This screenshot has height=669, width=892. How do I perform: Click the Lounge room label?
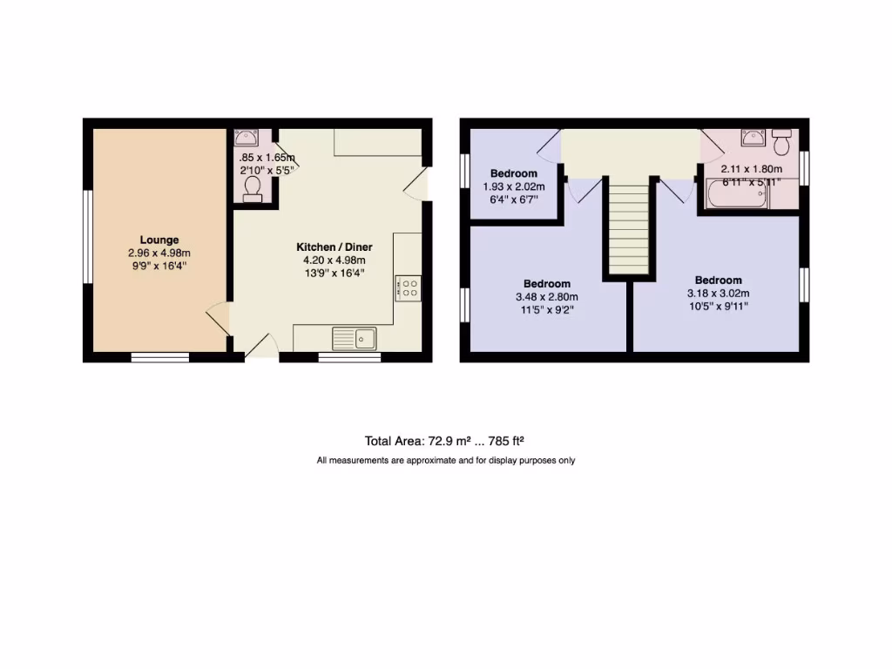coord(159,240)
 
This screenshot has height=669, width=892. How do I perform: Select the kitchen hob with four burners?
coord(409,288)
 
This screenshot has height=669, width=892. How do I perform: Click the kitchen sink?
coord(354,337)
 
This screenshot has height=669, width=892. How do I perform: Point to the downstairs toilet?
coord(253,189)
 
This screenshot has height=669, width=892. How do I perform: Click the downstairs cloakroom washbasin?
coord(246,137)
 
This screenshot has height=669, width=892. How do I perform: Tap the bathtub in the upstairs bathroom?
coord(738,194)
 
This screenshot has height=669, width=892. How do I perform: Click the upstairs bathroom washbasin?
coord(753,138)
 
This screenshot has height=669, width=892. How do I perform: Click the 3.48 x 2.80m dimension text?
coord(547,296)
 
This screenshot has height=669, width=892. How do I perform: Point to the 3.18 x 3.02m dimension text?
coord(719,293)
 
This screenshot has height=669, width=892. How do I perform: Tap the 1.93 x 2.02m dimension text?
coord(514,186)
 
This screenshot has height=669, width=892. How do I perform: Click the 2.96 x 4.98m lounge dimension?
coord(159,253)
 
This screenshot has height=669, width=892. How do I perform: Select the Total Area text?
coord(444,441)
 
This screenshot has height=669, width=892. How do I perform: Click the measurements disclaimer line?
coord(445,460)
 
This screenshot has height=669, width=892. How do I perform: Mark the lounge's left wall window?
coord(87,237)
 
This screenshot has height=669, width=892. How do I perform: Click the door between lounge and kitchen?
coord(218,318)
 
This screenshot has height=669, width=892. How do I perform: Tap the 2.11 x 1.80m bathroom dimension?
coord(751,169)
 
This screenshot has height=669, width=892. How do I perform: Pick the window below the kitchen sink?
coord(348,356)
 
